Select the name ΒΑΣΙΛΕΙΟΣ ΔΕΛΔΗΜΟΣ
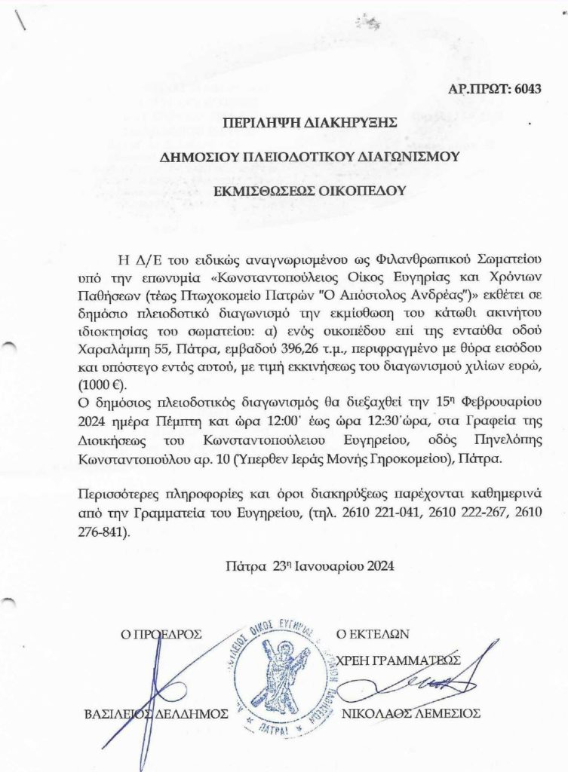154,713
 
